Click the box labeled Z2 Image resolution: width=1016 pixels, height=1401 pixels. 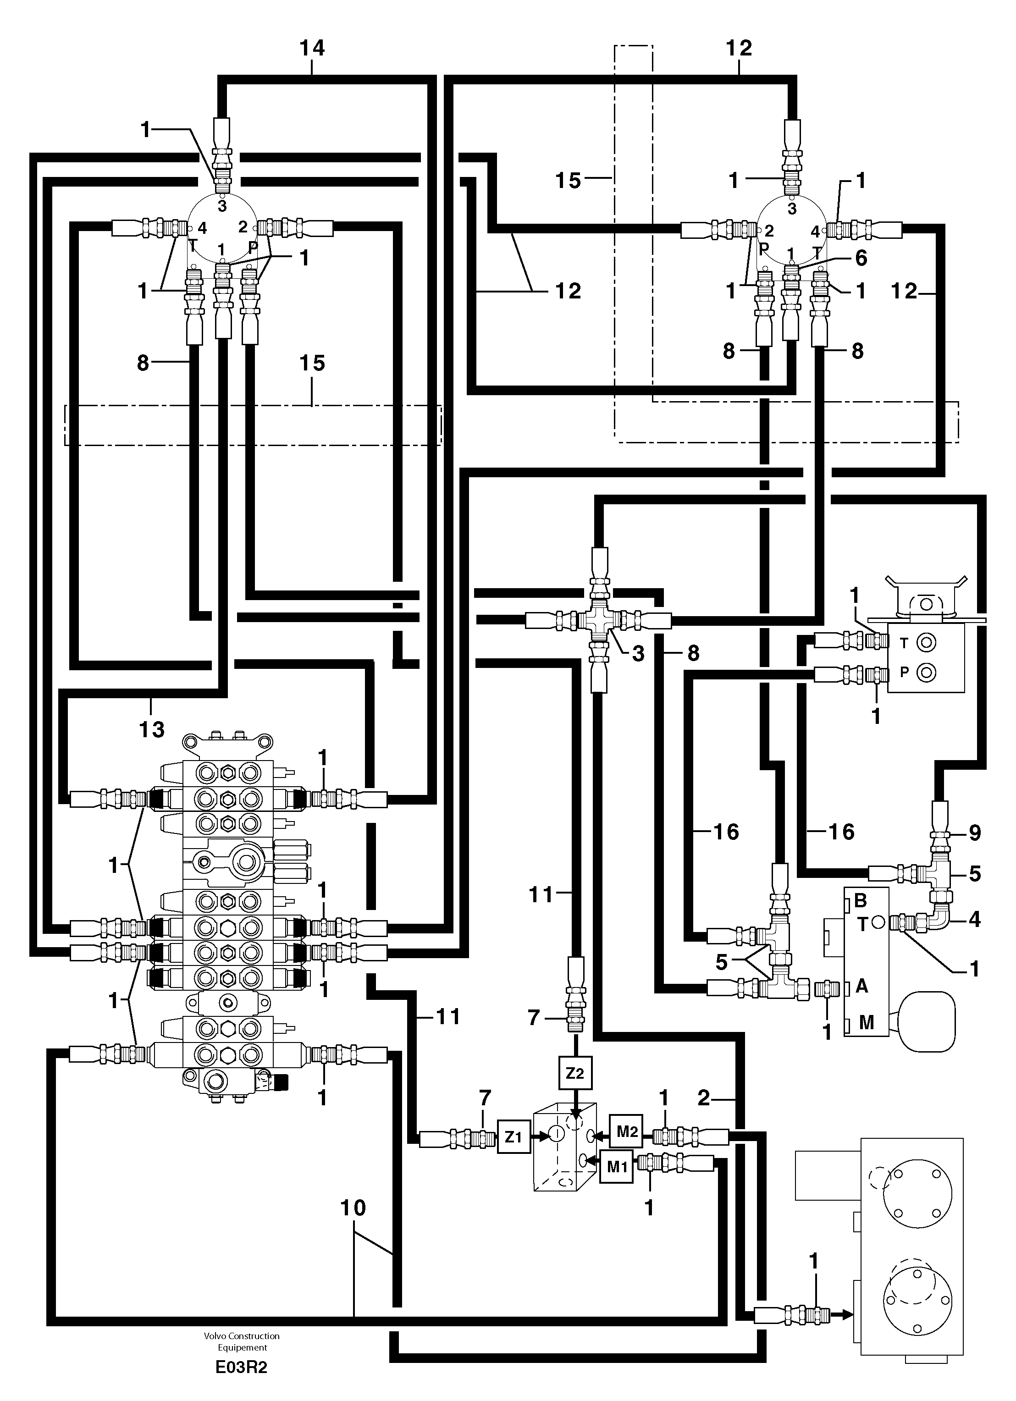(574, 1073)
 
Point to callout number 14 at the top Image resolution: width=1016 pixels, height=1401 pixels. (312, 48)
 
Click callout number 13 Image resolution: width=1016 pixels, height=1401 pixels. (151, 729)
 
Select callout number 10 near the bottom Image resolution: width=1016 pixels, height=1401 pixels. (353, 1208)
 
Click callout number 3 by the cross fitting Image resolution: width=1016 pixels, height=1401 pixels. (638, 654)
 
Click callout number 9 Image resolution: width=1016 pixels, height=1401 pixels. (975, 833)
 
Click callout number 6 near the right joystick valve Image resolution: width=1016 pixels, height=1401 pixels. (861, 258)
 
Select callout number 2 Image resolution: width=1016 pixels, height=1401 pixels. (704, 1098)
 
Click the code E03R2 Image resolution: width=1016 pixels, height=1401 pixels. (242, 1367)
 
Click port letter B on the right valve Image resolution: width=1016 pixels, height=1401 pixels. (861, 901)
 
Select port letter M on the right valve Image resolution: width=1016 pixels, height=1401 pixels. (866, 1023)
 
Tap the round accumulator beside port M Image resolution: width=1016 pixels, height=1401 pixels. (927, 1020)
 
